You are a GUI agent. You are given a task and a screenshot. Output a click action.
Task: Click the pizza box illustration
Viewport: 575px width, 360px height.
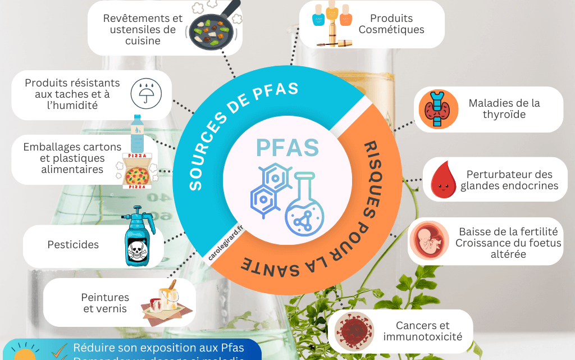click(x=136, y=170)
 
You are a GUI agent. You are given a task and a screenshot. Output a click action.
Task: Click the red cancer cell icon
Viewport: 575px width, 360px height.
click(x=354, y=331)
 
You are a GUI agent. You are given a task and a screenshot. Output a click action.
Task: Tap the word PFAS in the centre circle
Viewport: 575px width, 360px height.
click(x=287, y=147)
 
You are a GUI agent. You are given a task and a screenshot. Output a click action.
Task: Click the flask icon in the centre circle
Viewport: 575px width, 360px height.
click(x=304, y=204)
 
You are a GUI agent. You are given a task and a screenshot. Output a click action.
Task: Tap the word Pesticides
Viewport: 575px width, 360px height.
click(x=73, y=244)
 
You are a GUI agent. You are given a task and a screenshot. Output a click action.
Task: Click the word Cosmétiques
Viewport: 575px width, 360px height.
click(x=391, y=30)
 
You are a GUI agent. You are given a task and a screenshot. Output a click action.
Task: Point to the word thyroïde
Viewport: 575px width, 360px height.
click(x=504, y=115)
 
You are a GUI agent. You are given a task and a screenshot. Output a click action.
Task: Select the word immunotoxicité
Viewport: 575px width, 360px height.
click(x=423, y=337)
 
